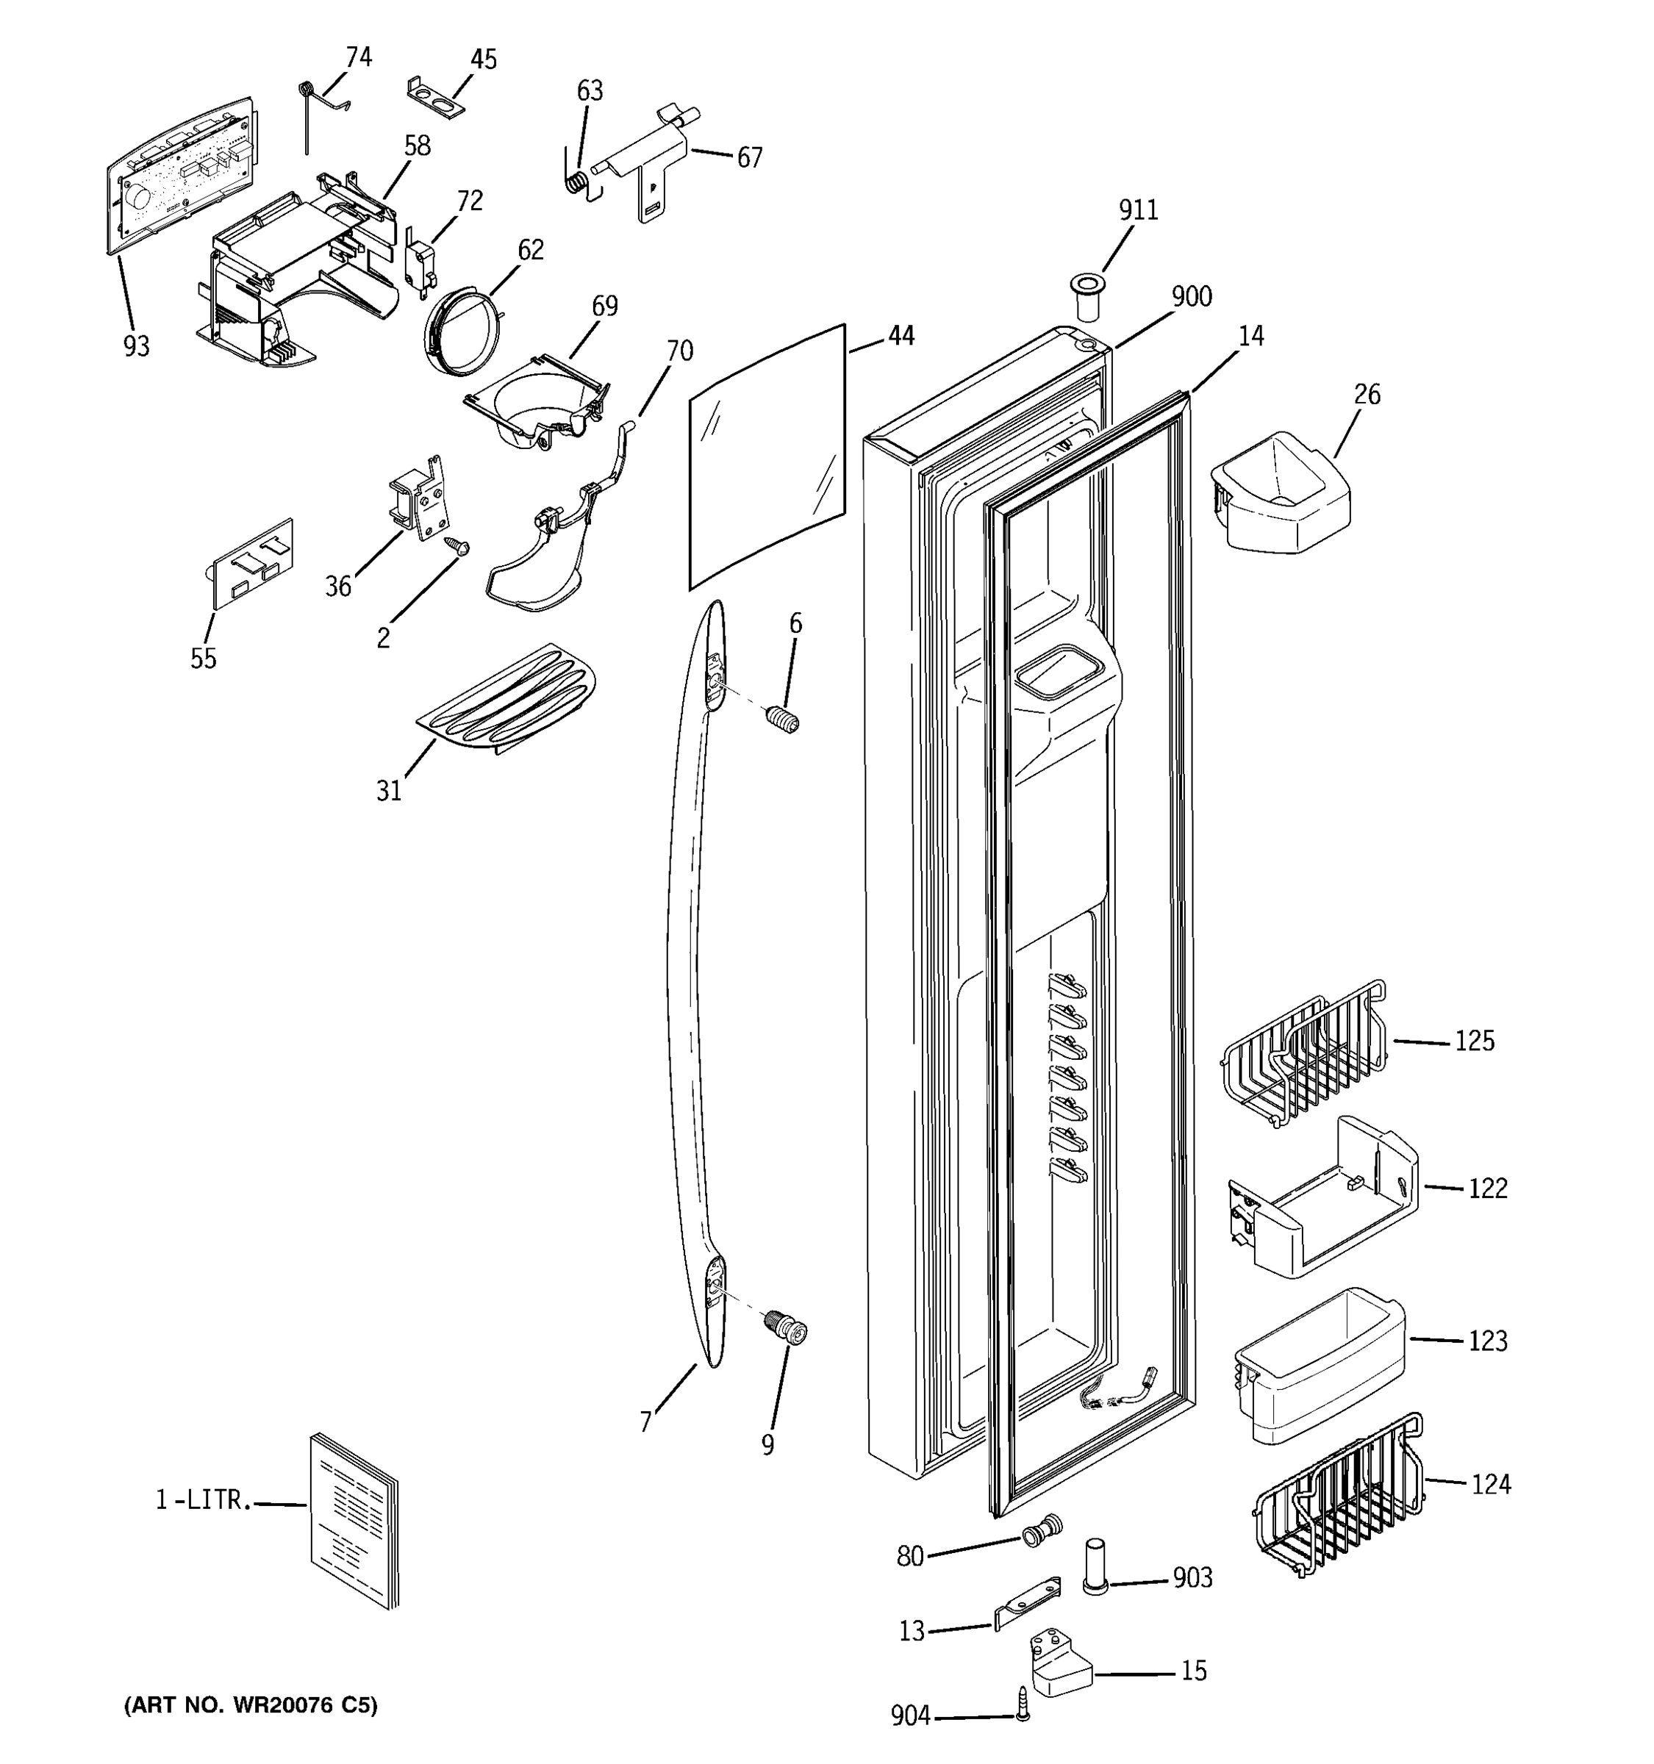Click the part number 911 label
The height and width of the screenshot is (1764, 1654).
1137,210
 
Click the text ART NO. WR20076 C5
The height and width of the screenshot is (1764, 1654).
250,1704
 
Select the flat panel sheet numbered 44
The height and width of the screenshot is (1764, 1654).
767,457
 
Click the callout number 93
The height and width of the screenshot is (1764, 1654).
136,346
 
